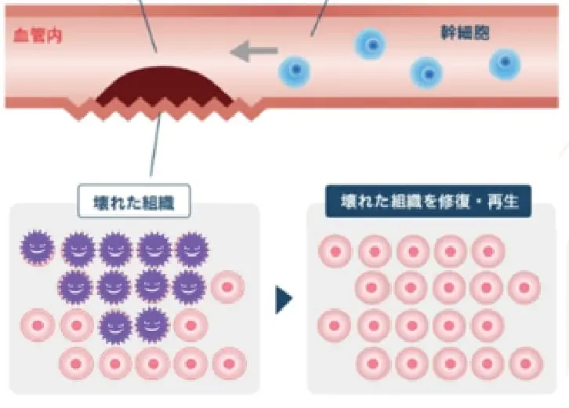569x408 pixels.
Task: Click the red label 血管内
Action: pyautogui.click(x=38, y=35)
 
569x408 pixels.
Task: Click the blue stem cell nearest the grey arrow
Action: pyautogui.click(x=295, y=72)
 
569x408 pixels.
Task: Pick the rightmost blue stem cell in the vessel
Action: pyautogui.click(x=505, y=64)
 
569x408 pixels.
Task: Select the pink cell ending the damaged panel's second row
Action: pyautogui.click(x=227, y=287)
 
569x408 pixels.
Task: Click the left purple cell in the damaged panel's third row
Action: pyautogui.click(x=115, y=325)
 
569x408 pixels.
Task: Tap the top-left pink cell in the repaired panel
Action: pyautogui.click(x=335, y=251)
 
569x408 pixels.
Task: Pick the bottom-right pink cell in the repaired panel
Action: pyautogui.click(x=525, y=363)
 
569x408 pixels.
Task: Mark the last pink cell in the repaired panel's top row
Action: pyautogui.click(x=487, y=251)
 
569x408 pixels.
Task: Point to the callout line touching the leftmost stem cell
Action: pyautogui.click(x=319, y=17)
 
